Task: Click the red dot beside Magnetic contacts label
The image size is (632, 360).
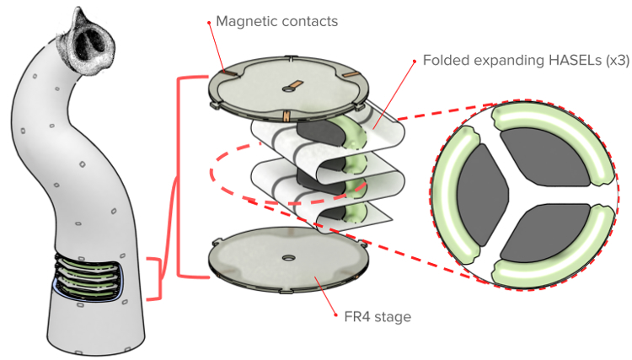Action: tap(209, 23)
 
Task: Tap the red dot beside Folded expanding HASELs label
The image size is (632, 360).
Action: tap(415, 62)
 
